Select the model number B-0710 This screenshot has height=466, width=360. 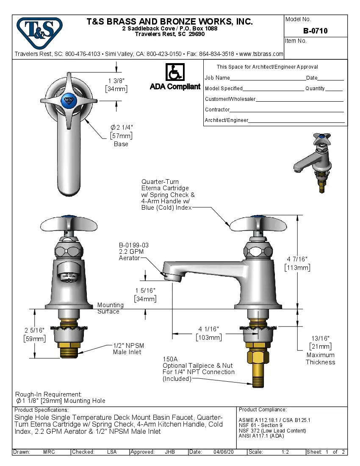(x=315, y=31)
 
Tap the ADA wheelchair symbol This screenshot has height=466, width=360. (x=174, y=72)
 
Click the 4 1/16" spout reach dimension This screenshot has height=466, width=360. (x=208, y=329)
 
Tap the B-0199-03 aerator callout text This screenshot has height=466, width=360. (x=133, y=245)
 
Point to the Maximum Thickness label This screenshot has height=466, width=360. (x=320, y=358)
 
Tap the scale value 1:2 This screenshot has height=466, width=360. (x=285, y=452)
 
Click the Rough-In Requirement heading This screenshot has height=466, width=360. (x=48, y=394)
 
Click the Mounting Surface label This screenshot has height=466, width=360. (x=110, y=308)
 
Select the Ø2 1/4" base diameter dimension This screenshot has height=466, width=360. (x=122, y=127)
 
